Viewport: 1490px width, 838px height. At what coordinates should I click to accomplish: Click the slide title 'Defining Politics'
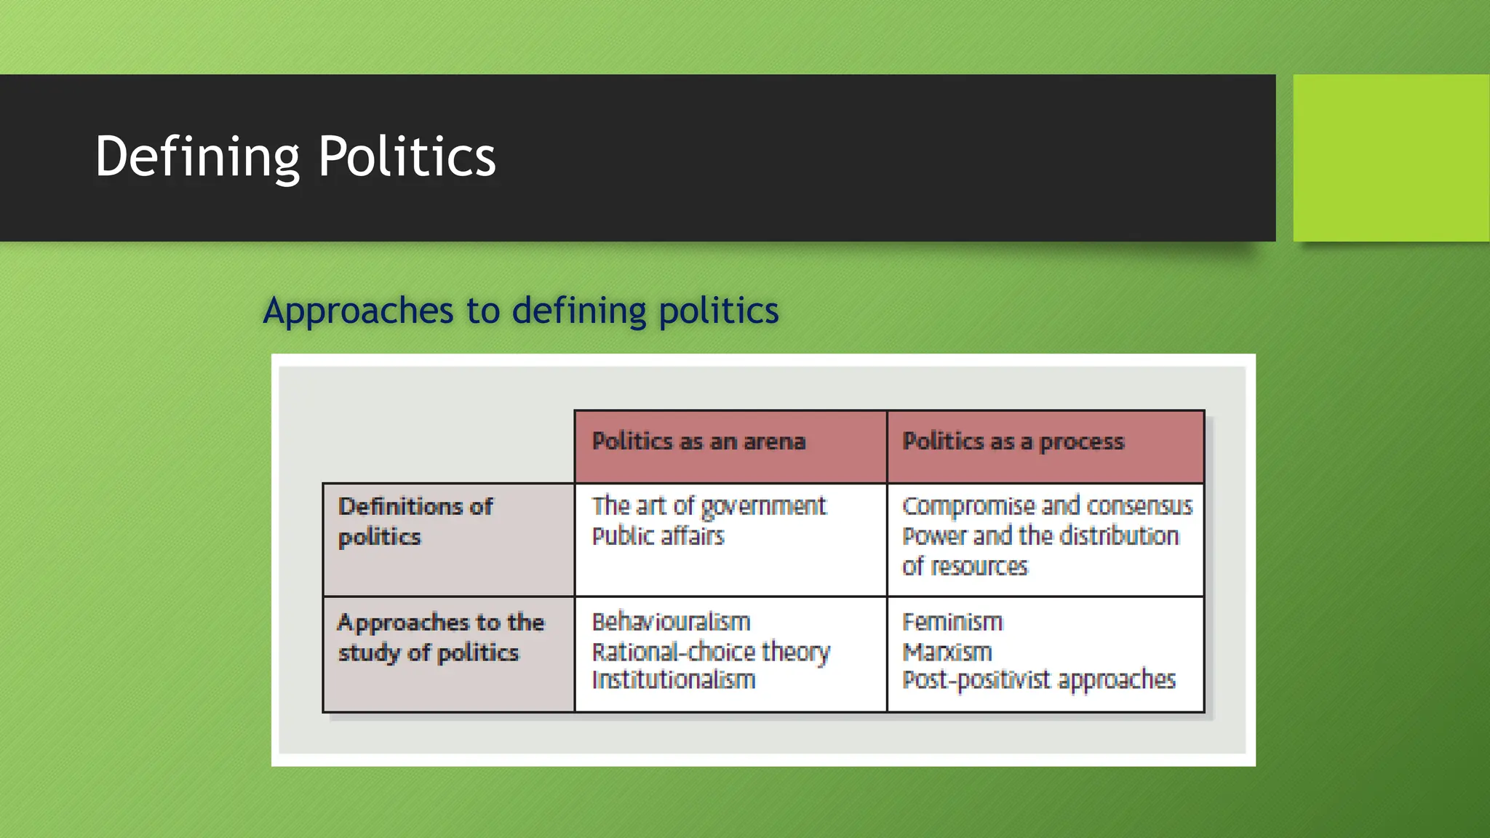tap(295, 156)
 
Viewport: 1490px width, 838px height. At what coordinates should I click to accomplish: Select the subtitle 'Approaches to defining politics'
tap(521, 311)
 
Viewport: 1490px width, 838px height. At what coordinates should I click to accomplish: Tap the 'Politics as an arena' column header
tap(698, 442)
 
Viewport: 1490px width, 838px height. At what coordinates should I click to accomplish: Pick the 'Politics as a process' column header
tap(1013, 442)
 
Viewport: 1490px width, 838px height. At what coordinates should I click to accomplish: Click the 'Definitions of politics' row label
tap(415, 522)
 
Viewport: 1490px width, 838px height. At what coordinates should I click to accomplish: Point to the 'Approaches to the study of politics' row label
tap(440, 637)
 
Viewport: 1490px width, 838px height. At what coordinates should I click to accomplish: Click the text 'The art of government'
tap(709, 506)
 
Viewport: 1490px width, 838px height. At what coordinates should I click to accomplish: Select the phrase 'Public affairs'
tap(658, 536)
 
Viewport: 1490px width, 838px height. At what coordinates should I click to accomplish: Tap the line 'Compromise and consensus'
tap(1047, 506)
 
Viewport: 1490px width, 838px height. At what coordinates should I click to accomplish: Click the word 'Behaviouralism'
tap(671, 622)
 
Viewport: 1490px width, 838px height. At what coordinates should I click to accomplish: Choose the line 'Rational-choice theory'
tap(710, 652)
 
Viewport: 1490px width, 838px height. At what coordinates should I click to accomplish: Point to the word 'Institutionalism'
tap(673, 680)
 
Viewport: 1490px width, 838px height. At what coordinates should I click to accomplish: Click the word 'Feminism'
tap(952, 622)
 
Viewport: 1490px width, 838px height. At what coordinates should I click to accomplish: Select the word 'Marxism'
tap(947, 652)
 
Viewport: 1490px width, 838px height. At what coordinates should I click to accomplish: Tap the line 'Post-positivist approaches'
tap(1038, 680)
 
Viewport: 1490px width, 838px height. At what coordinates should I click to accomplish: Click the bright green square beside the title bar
tap(1390, 157)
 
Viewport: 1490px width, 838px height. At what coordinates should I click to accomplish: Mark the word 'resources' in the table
tap(979, 566)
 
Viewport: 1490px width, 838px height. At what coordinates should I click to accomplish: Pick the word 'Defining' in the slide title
tap(197, 156)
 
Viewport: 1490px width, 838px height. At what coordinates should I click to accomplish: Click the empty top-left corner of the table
tap(448, 446)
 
